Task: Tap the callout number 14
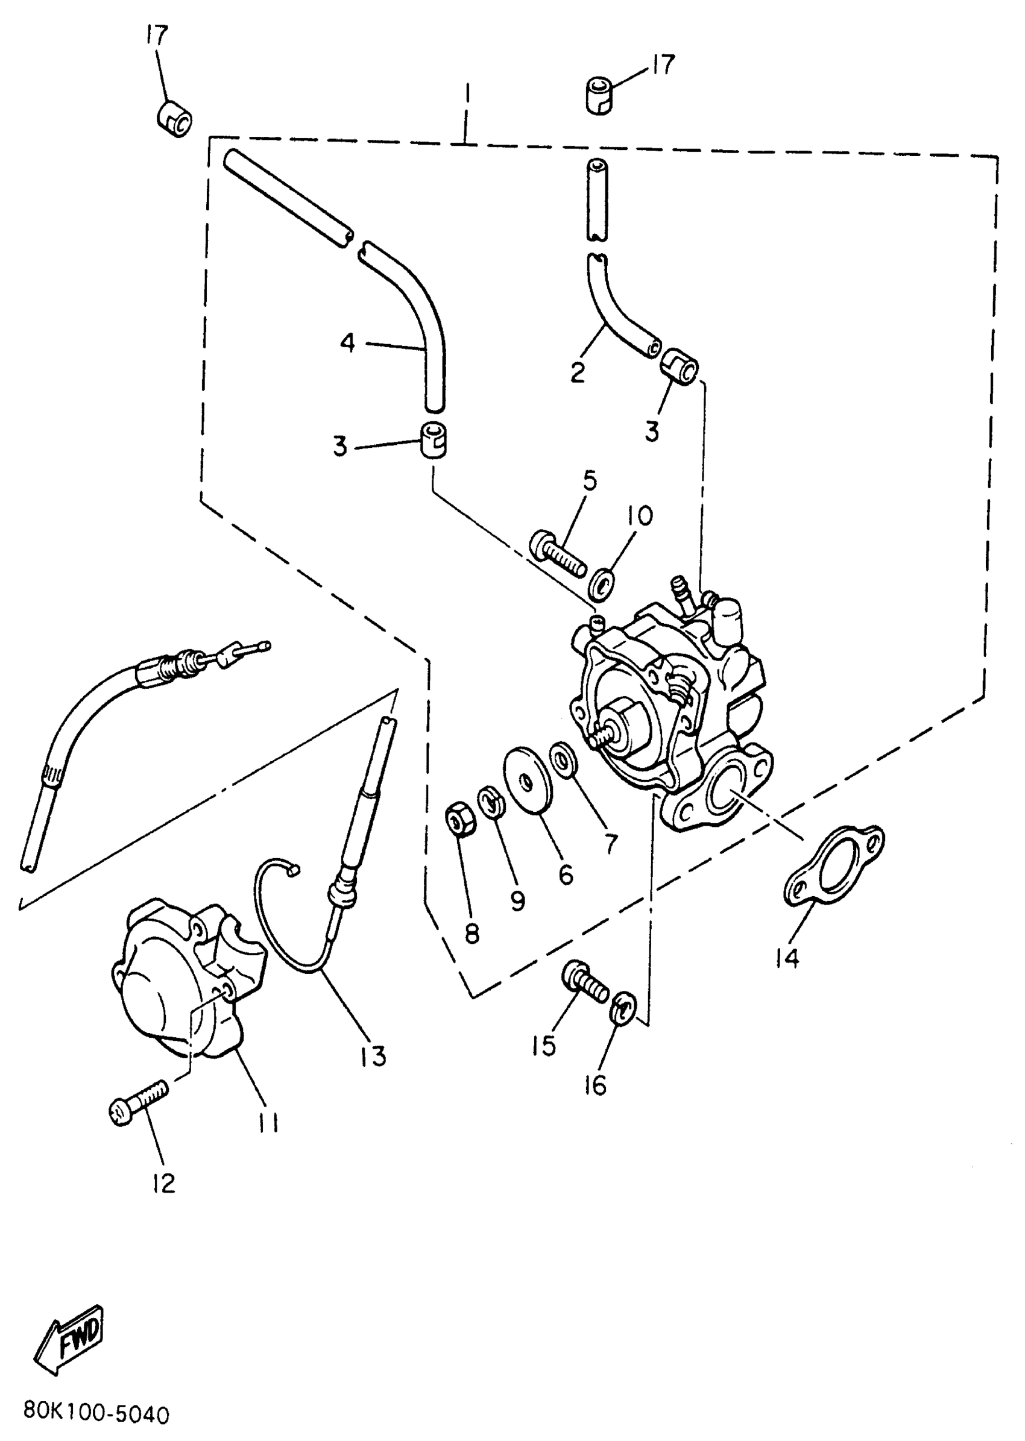point(787,958)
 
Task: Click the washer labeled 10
point(603,583)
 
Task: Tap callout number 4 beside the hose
point(348,344)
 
